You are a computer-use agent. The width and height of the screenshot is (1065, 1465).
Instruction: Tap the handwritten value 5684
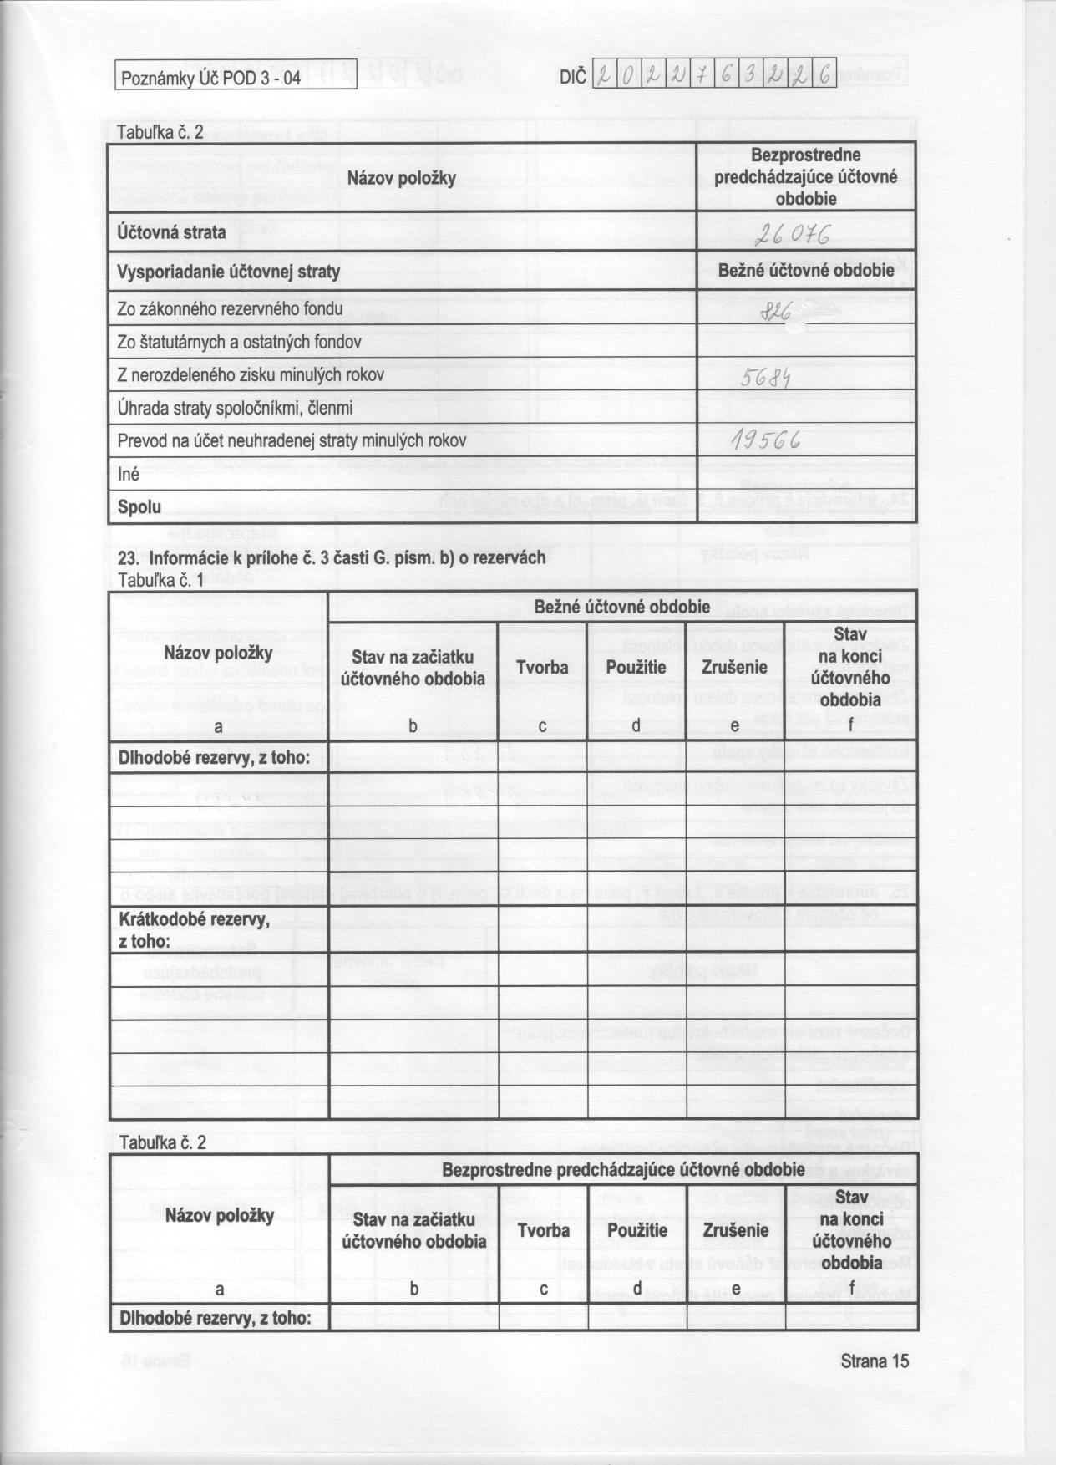(766, 379)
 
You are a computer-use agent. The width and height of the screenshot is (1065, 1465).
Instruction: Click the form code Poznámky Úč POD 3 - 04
(210, 79)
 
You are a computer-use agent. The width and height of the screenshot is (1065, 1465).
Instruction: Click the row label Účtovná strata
(172, 232)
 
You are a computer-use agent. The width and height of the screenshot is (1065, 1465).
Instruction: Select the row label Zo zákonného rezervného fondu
(231, 309)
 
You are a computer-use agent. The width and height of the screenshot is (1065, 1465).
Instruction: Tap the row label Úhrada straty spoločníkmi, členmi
(235, 409)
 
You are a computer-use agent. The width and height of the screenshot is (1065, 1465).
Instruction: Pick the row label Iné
(129, 474)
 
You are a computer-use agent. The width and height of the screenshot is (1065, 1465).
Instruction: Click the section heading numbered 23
(332, 557)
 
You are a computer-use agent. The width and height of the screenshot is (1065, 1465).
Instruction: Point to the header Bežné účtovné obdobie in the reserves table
(621, 606)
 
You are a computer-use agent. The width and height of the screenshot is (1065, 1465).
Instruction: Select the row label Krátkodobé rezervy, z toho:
(194, 930)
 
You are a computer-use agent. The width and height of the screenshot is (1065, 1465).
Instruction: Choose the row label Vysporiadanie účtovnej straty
(229, 272)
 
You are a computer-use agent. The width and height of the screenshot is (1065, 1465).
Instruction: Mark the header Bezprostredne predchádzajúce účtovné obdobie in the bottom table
(623, 1169)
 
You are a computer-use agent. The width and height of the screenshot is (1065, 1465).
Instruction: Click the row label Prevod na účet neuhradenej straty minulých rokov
(292, 440)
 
